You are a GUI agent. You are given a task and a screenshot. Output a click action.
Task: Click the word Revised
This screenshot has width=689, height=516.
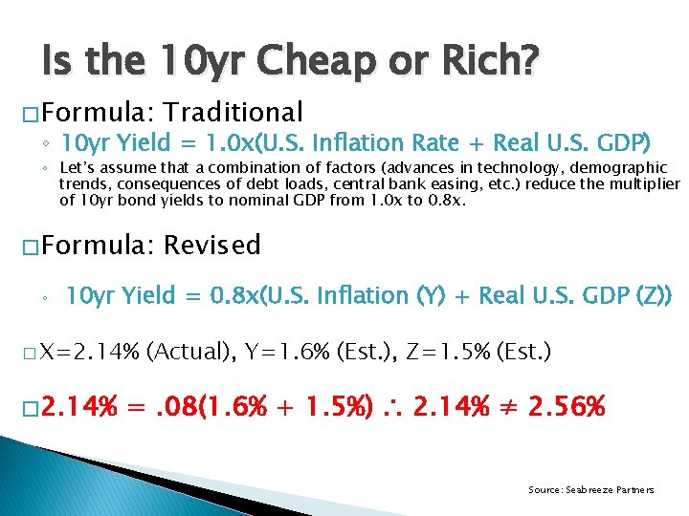(x=211, y=246)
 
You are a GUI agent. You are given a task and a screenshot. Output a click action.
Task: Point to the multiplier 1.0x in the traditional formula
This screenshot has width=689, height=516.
(x=235, y=143)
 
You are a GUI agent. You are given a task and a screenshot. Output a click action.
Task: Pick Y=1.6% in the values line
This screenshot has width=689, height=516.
(x=282, y=351)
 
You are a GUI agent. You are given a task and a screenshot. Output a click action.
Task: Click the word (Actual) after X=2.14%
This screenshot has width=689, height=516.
(x=191, y=351)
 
